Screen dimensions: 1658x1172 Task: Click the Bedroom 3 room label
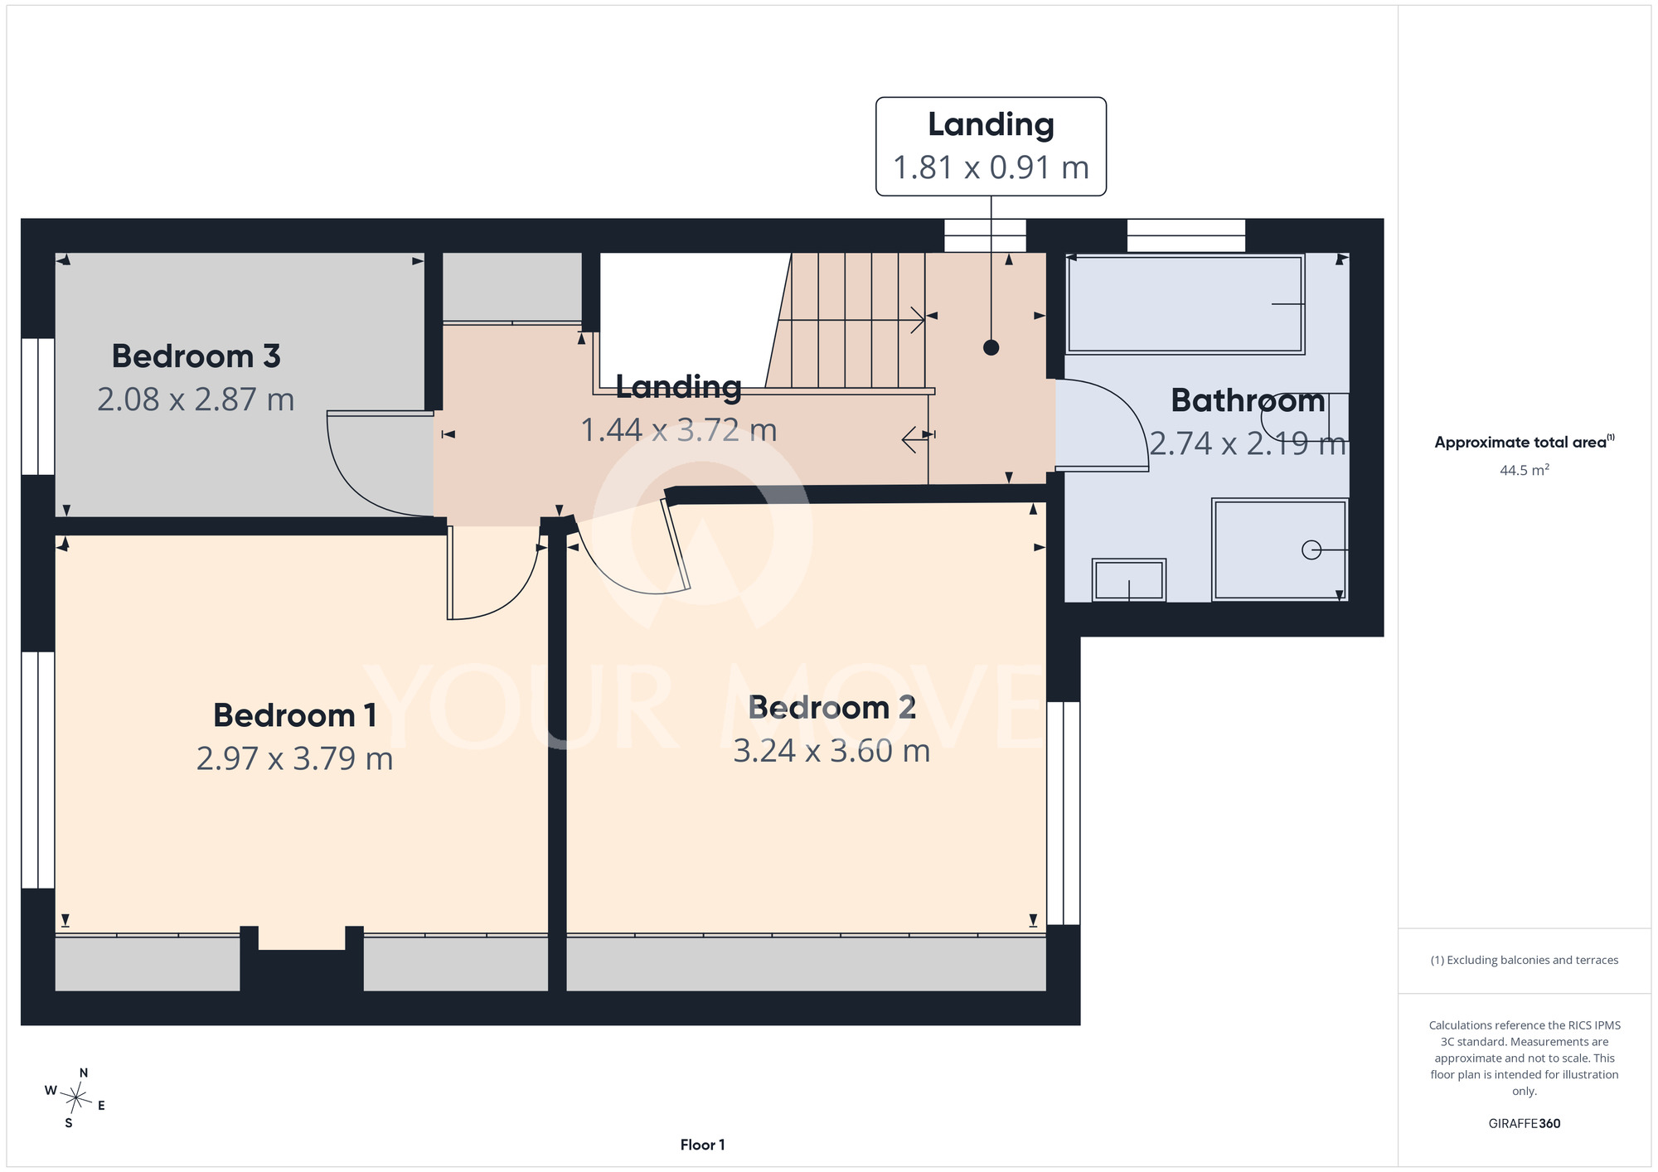(x=196, y=356)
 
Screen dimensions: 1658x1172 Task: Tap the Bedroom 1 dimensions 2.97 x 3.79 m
(x=294, y=758)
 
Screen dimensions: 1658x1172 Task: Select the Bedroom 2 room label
(x=831, y=707)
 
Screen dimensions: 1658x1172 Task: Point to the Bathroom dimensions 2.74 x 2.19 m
(x=1248, y=443)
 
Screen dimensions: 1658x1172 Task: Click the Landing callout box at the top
(x=991, y=147)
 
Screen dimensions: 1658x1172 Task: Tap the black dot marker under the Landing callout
(x=991, y=347)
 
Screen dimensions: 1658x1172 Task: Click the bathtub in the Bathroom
(x=1185, y=304)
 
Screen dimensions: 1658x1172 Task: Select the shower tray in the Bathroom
(x=1280, y=550)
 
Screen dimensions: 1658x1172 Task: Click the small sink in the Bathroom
(x=1129, y=579)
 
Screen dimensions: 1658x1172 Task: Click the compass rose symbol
(x=75, y=1099)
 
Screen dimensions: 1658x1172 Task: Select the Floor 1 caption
(x=702, y=1145)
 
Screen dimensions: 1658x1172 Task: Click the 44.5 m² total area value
(x=1524, y=470)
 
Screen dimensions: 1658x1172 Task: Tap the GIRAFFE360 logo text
(x=1524, y=1124)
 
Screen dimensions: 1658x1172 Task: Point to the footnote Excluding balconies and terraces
(x=1524, y=960)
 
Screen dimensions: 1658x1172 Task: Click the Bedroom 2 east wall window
(x=1064, y=813)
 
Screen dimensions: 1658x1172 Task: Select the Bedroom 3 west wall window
(x=38, y=406)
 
